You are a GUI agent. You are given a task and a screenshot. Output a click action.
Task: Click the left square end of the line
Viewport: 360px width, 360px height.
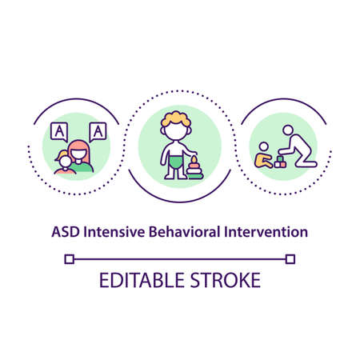click(x=70, y=258)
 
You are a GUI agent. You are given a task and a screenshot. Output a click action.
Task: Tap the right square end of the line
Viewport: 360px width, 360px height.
click(x=290, y=258)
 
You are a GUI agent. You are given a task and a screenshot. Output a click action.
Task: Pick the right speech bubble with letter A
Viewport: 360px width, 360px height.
click(x=98, y=129)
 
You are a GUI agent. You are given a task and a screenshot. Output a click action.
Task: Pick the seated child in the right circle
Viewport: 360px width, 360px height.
click(x=262, y=155)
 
